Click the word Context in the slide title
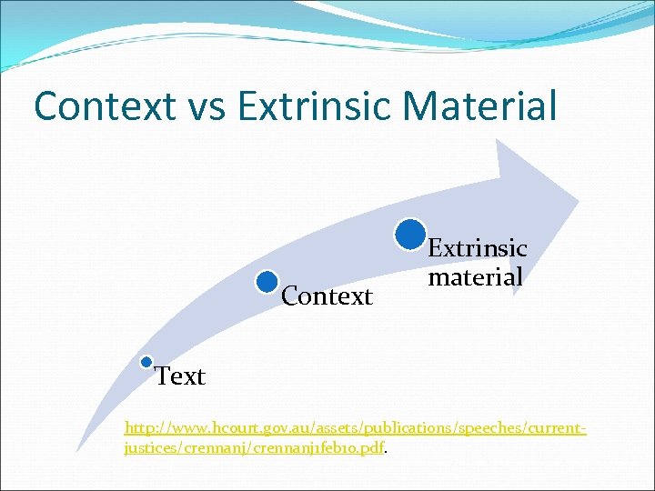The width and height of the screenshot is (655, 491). [104, 105]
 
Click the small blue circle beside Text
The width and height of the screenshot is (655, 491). [146, 362]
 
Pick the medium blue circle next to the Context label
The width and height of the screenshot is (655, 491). [267, 282]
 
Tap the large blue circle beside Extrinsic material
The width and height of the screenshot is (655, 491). [411, 234]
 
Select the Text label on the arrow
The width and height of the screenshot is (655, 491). [180, 376]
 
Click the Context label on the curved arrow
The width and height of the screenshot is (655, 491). [327, 296]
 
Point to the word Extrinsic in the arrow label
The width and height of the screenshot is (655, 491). [478, 248]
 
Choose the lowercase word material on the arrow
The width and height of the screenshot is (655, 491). [475, 276]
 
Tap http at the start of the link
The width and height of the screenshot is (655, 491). [139, 426]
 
